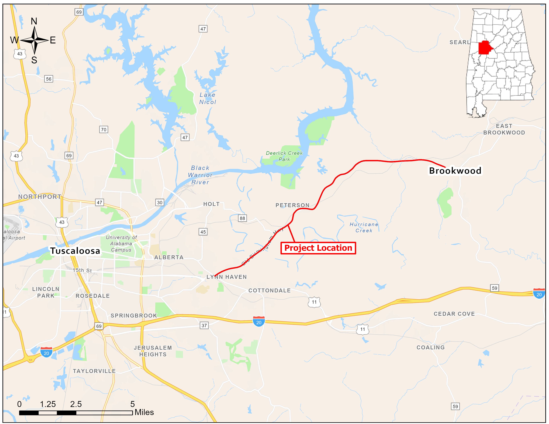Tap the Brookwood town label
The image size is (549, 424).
[x=455, y=171]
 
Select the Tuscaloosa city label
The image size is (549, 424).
[x=75, y=251]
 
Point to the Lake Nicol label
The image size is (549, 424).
[x=208, y=98]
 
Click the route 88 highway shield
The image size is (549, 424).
[x=242, y=218]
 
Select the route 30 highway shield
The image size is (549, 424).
[x=160, y=203]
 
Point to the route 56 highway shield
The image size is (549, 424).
[x=49, y=79]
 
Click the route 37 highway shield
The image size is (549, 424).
[x=204, y=326]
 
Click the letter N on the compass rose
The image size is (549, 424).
[x=34, y=21]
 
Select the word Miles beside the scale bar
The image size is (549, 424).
[x=144, y=412]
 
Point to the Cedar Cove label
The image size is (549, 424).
[x=454, y=314]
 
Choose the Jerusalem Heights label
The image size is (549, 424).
[x=153, y=351]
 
